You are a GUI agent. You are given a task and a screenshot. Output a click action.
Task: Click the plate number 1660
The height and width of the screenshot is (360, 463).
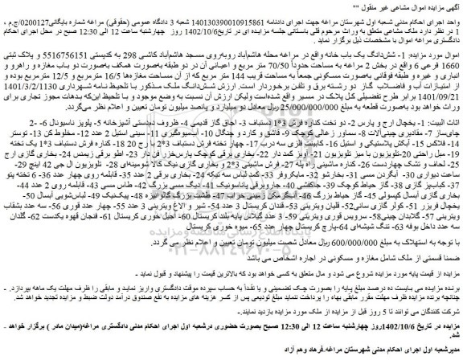click(451, 60)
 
